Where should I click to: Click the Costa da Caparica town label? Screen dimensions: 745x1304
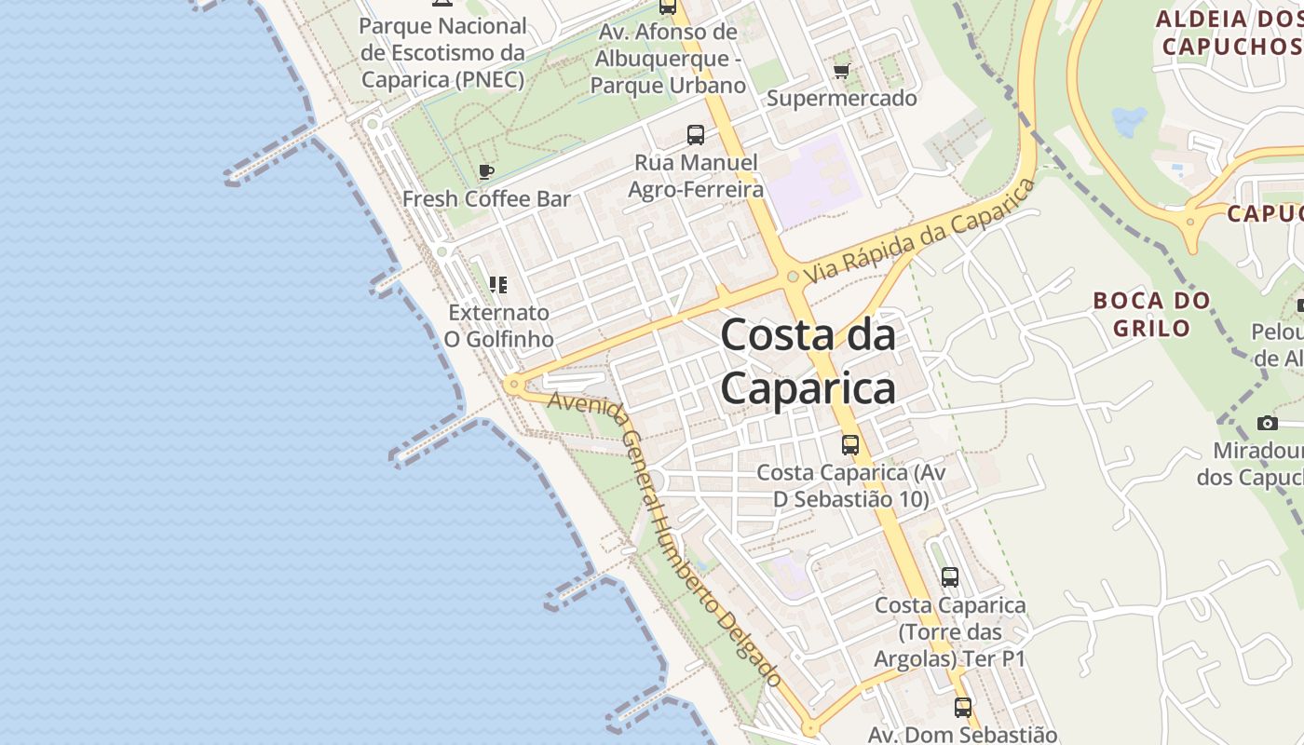tap(808, 361)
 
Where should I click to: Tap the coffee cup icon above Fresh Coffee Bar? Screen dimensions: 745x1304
tap(485, 171)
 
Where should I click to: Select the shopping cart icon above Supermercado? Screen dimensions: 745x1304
tap(842, 71)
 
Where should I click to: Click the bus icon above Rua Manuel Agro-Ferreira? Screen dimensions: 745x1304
tap(696, 135)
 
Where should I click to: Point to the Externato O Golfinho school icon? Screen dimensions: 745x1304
tap(498, 284)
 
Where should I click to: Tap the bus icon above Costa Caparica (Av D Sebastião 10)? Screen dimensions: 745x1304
tap(849, 445)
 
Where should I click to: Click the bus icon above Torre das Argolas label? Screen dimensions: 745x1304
tap(949, 577)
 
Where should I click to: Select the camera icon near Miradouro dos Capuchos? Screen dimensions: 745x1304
tap(1267, 424)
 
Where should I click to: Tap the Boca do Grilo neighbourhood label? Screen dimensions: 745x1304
tap(1151, 314)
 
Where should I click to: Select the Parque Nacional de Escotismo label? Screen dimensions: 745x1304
tap(442, 53)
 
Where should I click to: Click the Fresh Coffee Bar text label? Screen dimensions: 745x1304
tap(486, 198)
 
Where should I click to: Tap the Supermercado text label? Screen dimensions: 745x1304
tap(841, 98)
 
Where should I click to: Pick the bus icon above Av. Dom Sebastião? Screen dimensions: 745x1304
tap(962, 708)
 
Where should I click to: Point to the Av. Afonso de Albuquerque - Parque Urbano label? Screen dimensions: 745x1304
tap(668, 59)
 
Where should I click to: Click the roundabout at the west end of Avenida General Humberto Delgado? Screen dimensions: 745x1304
tap(512, 384)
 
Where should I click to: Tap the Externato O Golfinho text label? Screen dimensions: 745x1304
tap(498, 325)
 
